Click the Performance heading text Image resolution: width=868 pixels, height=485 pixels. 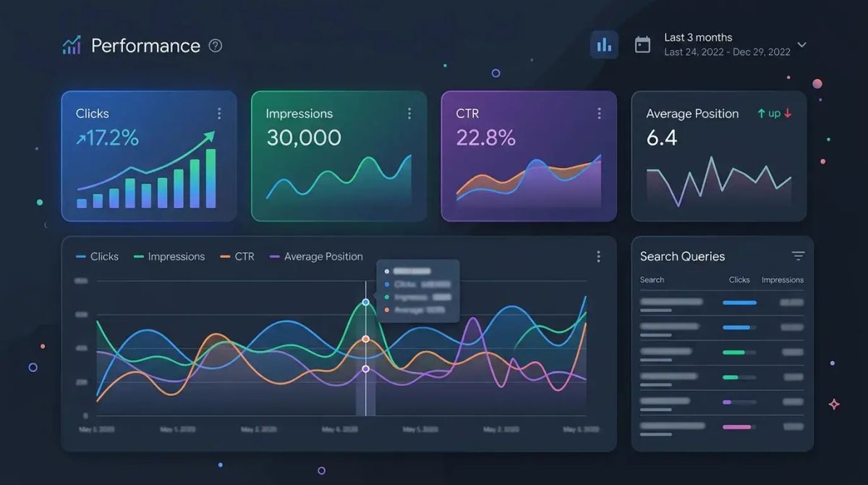tap(145, 46)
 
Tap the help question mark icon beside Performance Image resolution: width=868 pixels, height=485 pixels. tap(216, 46)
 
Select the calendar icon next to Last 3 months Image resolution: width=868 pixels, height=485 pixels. tap(642, 45)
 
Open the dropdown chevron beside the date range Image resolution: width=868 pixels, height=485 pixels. tap(801, 45)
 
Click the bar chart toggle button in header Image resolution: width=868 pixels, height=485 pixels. tap(604, 45)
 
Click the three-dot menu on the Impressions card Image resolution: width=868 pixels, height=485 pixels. tap(409, 114)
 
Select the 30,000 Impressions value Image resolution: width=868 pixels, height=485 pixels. tap(304, 138)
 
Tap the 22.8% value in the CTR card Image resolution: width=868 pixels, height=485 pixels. tap(486, 138)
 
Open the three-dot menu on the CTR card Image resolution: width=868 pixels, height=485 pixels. tap(599, 114)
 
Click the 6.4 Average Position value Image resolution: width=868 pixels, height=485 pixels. tap(662, 138)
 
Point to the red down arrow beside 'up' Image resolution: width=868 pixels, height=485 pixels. tap(788, 114)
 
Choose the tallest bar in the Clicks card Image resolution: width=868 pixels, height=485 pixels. tap(210, 178)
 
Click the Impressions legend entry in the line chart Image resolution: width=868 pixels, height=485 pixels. tap(170, 256)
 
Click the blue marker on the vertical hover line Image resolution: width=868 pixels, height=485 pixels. tap(365, 302)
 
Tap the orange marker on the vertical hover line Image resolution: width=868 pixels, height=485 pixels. tap(365, 339)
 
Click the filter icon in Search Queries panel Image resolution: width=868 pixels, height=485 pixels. tap(798, 256)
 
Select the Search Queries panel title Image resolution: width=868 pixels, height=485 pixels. tap(682, 256)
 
